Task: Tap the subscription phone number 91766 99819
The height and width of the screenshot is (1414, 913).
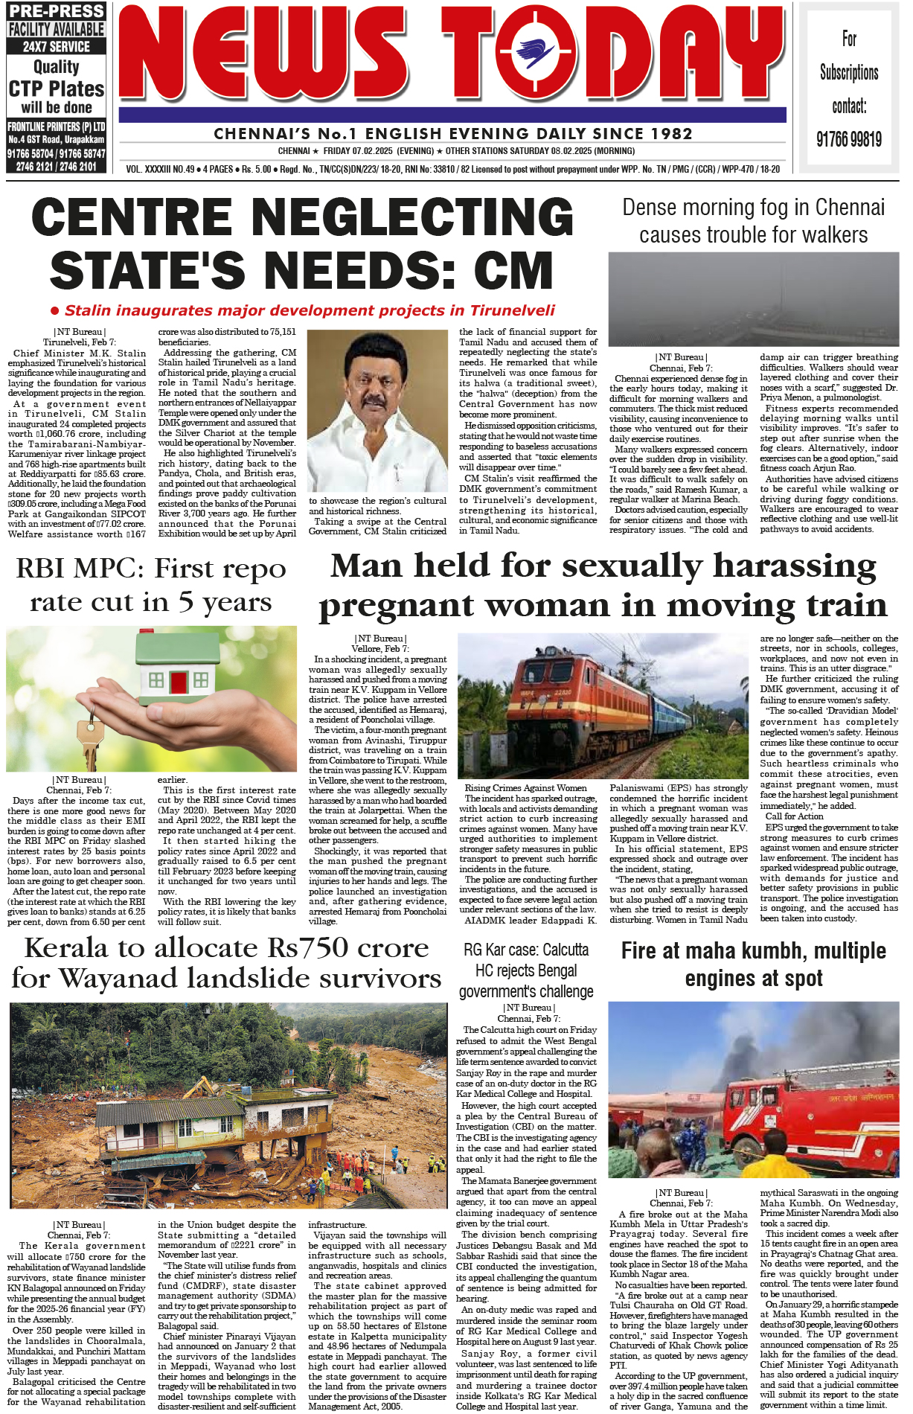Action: point(849,139)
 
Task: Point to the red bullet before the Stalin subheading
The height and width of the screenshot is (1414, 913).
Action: point(54,310)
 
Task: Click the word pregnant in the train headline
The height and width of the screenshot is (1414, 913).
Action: point(412,606)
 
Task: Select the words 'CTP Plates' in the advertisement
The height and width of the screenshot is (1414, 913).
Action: point(57,89)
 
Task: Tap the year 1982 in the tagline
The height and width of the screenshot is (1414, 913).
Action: point(669,134)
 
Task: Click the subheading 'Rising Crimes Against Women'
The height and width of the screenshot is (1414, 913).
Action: point(525,787)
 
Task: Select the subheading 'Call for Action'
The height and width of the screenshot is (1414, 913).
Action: point(794,816)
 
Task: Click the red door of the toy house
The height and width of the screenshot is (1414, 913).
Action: point(179,681)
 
